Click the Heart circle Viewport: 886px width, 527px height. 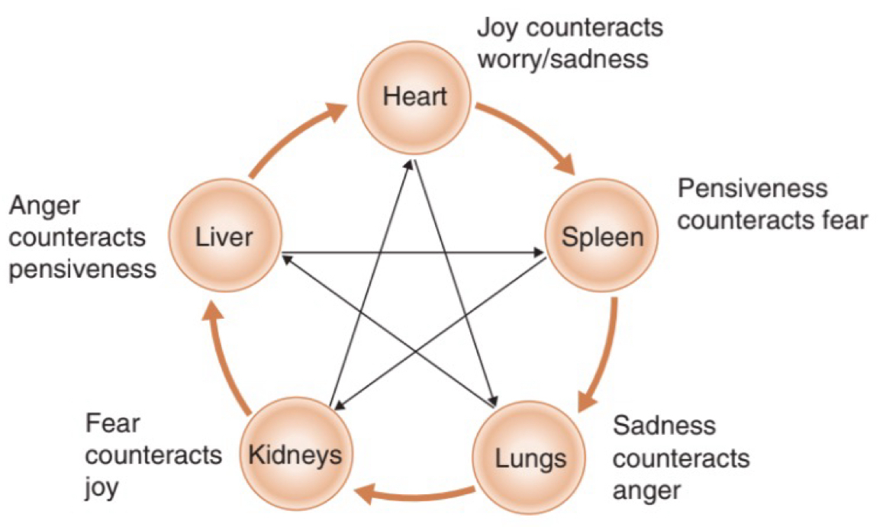[x=415, y=97]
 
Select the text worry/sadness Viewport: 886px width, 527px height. [x=562, y=59]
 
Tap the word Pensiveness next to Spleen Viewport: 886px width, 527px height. [x=752, y=188]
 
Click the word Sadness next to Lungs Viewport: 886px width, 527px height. [x=664, y=426]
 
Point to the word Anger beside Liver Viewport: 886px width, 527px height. [x=43, y=205]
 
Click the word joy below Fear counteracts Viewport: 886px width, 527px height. [x=101, y=487]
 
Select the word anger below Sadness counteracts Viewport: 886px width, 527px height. [x=646, y=490]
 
